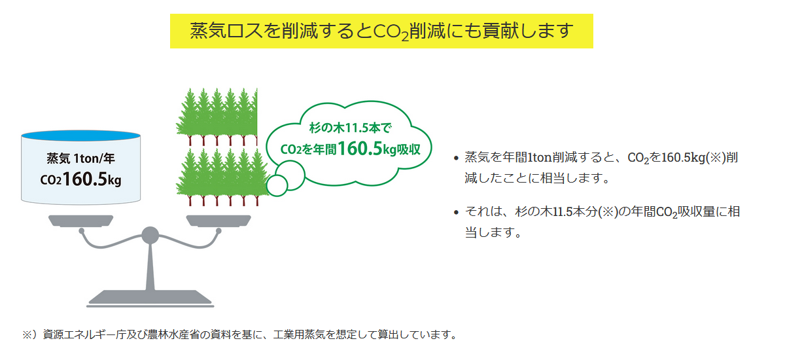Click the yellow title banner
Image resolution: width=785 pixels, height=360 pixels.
point(381,31)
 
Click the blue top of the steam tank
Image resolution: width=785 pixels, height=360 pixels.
point(80,135)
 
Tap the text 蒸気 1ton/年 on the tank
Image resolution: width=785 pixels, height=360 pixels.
point(80,158)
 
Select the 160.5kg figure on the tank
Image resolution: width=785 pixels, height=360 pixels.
point(92,179)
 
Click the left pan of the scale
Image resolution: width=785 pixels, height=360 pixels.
point(80,221)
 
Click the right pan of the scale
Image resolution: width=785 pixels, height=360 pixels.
point(218,221)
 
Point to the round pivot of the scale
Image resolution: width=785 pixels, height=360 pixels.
point(150,235)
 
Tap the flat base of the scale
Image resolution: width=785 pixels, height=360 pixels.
point(150,298)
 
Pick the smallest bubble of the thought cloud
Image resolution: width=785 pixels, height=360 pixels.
point(277,185)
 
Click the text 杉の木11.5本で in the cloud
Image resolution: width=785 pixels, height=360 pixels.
point(350,128)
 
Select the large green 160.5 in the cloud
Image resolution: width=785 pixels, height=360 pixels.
point(360,149)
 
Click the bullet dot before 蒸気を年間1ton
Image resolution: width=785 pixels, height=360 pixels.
point(456,158)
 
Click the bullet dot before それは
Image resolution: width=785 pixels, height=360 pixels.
point(456,213)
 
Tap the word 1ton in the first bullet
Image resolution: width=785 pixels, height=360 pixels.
point(539,157)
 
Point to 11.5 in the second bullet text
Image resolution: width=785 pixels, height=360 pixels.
point(563,211)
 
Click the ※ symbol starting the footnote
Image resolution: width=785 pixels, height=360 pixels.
point(27,334)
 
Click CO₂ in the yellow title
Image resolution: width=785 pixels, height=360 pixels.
point(391,31)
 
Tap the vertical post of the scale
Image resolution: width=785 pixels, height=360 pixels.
point(150,267)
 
